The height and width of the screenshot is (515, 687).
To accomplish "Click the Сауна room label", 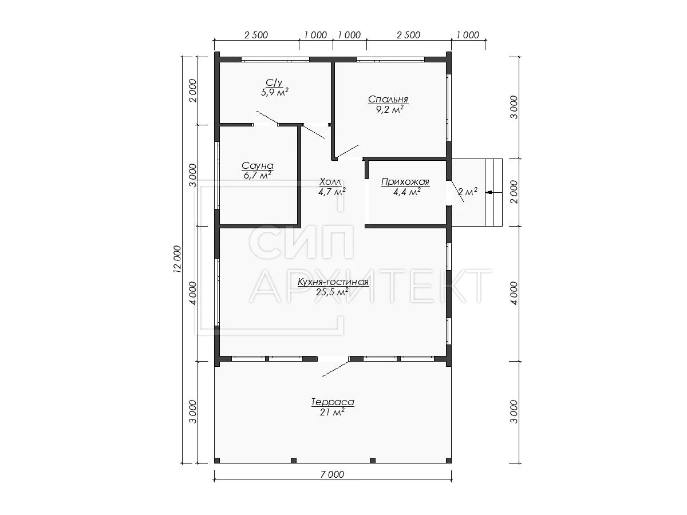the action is pos(258,166).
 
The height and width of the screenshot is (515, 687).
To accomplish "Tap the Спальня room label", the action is pos(388,99).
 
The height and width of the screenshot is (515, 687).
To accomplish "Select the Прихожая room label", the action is pos(405,181).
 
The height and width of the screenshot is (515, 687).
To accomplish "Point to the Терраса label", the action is pos(333,402).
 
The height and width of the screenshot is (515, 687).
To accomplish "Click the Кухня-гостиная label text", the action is pos(333,282).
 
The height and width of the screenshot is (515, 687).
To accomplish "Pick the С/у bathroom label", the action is pos(274,82).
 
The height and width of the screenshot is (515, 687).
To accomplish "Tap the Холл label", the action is pos(330,181).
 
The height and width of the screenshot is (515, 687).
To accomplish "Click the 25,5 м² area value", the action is pos(333,292).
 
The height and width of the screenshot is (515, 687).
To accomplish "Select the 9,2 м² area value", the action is pos(390,109).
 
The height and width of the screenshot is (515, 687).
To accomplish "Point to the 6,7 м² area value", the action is pos(258,176).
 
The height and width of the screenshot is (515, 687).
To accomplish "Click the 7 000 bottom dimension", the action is pos(333,474).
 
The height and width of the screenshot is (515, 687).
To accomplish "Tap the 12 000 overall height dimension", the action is pos(177,259).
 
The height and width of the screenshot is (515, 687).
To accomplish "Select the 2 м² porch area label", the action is pos(468,192).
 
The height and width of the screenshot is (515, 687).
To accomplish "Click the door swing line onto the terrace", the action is pos(335,369).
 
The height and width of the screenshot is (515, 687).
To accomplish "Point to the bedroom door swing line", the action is pos(347,151).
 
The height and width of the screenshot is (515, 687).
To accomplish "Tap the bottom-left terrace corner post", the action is pos(217,460).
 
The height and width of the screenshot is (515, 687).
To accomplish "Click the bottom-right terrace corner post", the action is pos(448,460).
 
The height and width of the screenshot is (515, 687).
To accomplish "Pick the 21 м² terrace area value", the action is pos(332,412).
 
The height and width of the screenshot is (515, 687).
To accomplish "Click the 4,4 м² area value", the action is pos(406,192).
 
